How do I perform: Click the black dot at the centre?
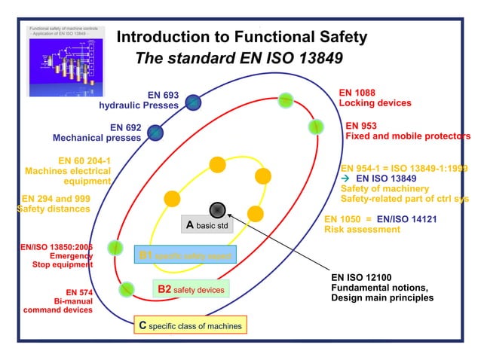point(217,209)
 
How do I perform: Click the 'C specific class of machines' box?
point(190,325)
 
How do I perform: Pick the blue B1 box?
point(185,255)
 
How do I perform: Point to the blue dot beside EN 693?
point(193,101)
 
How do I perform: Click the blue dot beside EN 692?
point(155,133)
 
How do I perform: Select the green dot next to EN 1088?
point(286,99)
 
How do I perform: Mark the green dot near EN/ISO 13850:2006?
point(115,246)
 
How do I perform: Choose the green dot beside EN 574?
point(126,288)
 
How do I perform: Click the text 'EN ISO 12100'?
point(364,276)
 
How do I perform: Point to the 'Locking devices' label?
point(375,102)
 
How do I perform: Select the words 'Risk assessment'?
point(362,230)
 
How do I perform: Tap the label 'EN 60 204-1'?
point(84,160)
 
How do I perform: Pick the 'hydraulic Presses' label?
point(139,105)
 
